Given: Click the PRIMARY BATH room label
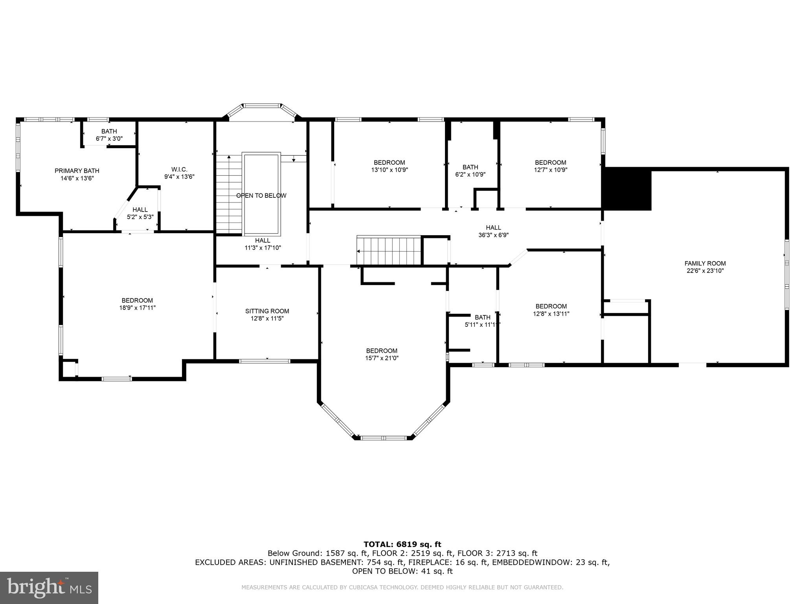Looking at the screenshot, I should click(x=77, y=171).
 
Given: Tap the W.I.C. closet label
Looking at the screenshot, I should click(x=179, y=169).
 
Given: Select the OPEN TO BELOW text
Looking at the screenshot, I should click(x=261, y=195).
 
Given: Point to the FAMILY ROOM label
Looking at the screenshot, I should click(x=705, y=263).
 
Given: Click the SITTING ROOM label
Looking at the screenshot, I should click(x=267, y=311).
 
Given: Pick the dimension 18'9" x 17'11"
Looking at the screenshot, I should click(x=137, y=308).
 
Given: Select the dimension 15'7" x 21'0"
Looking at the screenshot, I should click(x=381, y=358).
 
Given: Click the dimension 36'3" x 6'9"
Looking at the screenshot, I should click(x=493, y=235).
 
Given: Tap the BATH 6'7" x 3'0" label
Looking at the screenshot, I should click(x=109, y=135).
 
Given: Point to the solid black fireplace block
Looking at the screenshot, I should click(x=627, y=189).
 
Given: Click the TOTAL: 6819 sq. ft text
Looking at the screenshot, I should click(x=402, y=544).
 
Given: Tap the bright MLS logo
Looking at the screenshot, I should click(x=49, y=587).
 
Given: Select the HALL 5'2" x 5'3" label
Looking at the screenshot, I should click(x=140, y=213).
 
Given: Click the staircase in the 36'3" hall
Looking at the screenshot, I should click(x=388, y=250).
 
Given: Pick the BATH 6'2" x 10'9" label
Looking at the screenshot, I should click(x=470, y=171).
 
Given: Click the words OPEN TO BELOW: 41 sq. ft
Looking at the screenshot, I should click(x=402, y=571).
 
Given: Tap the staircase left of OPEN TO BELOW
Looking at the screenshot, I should click(x=229, y=195).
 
